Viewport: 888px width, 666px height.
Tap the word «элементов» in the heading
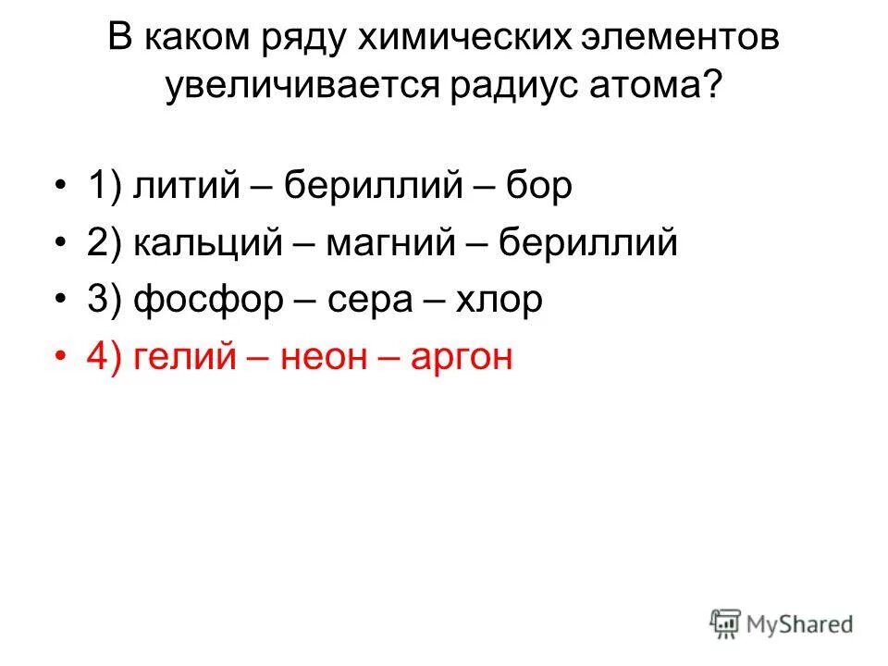[683, 39]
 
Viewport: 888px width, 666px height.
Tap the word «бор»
[539, 187]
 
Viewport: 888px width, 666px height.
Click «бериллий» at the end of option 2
[588, 244]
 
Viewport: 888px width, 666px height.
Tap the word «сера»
[356, 302]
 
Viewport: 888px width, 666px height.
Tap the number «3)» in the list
[105, 302]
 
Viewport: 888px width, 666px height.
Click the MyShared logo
[782, 623]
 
